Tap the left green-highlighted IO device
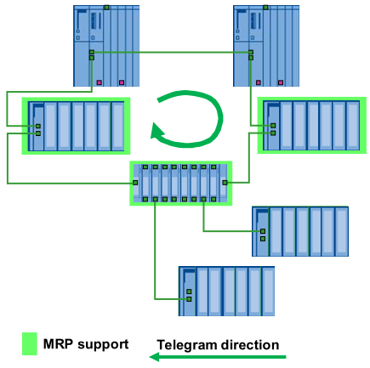(75, 126)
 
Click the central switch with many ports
(179, 183)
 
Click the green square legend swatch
(31, 344)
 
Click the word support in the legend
(105, 345)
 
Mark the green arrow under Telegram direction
(218, 358)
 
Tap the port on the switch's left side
(134, 183)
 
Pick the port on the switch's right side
(224, 183)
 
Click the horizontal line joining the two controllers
(170, 53)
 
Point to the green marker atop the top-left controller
(105, 7)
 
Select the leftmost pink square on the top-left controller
(100, 82)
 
